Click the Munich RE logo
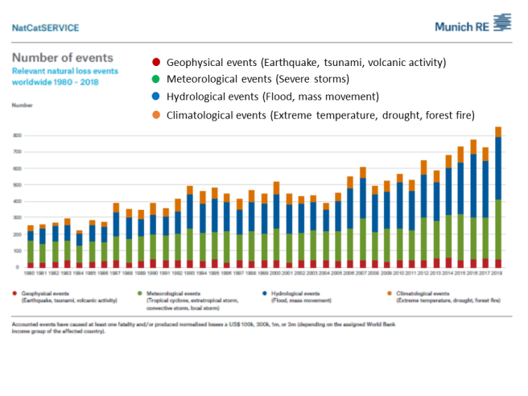tap(472, 25)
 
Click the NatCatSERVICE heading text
tap(46, 27)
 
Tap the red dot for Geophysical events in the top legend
tap(155, 62)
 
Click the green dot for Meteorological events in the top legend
tap(155, 80)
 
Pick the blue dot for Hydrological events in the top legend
tap(155, 97)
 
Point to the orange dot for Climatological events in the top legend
tap(155, 115)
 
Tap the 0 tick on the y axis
tap(19, 267)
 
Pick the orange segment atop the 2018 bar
tap(498, 131)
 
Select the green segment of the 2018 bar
tap(498, 229)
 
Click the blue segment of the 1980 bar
tap(31, 236)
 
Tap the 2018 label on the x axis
tap(498, 273)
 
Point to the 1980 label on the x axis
tap(31, 273)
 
